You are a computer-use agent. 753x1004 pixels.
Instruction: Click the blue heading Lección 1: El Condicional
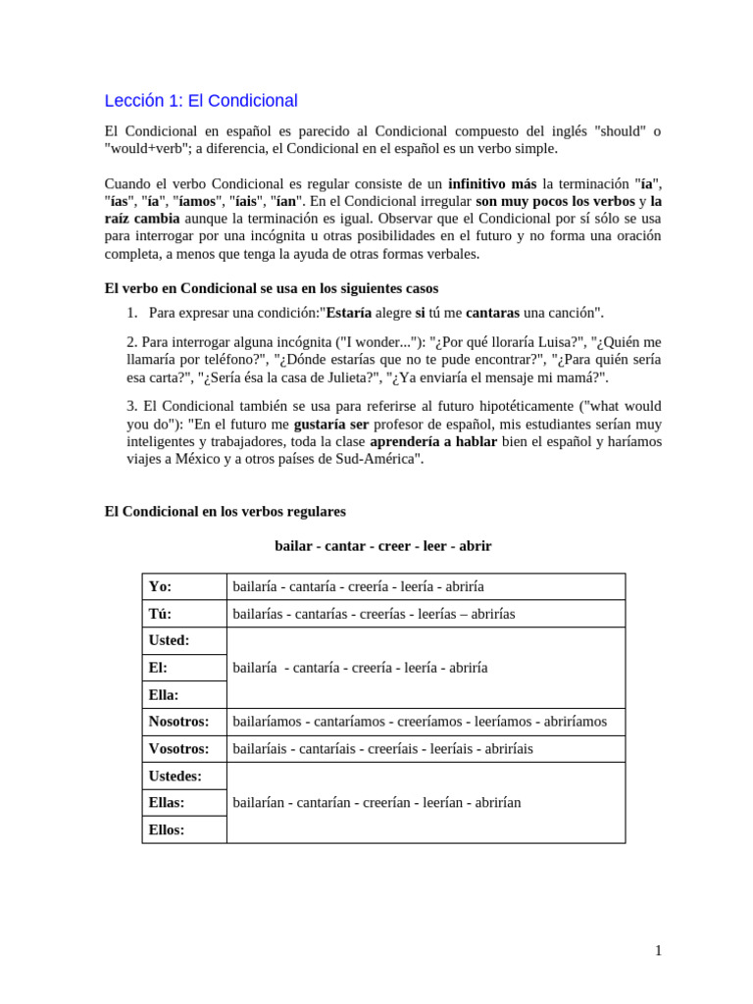point(201,101)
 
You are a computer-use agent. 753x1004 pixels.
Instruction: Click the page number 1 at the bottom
point(659,951)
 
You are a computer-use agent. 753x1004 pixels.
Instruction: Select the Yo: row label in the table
point(160,586)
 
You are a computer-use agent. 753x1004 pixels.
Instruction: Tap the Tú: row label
point(160,614)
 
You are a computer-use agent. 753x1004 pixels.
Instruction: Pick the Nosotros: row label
point(178,722)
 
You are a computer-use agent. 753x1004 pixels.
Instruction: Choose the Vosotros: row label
point(178,749)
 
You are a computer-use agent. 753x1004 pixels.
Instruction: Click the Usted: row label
point(169,640)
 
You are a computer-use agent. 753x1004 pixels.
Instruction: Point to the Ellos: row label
point(166,829)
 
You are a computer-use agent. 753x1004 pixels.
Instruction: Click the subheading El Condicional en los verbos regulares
point(225,512)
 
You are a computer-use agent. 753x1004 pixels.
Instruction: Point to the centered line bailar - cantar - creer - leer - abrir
point(383,546)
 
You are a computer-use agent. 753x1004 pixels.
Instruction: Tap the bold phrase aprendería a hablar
point(433,442)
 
